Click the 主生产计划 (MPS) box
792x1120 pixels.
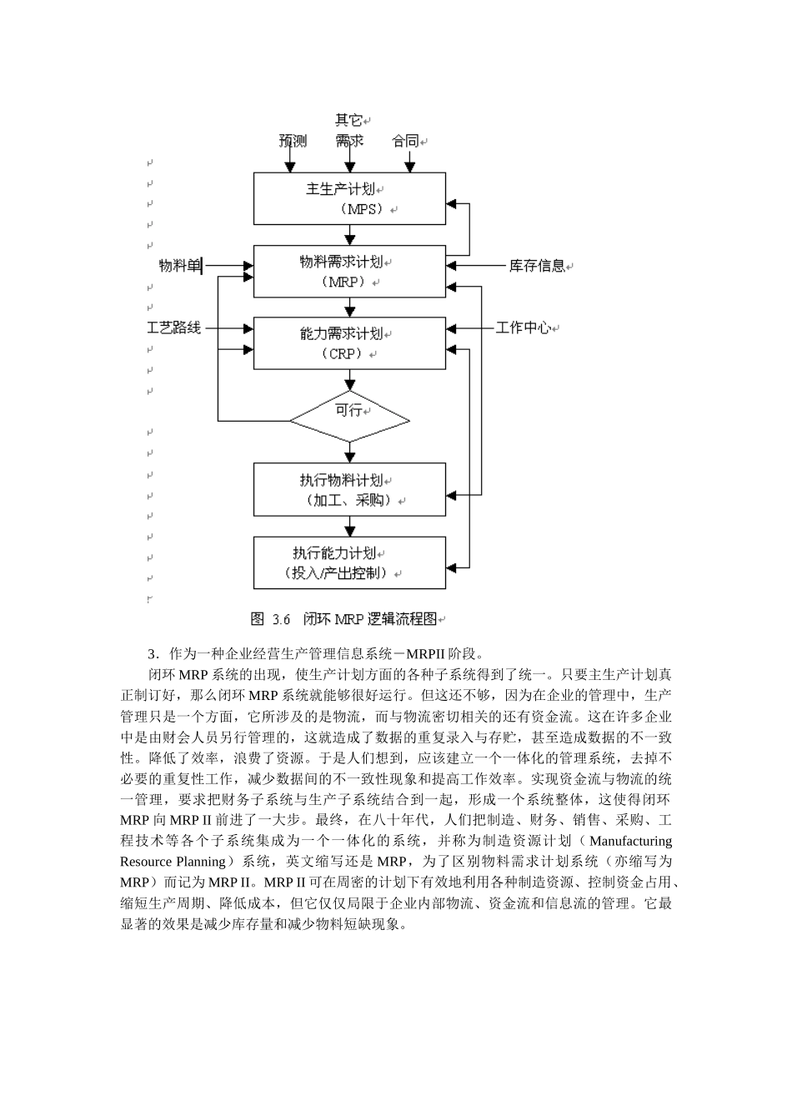point(349,198)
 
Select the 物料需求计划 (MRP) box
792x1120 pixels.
point(349,271)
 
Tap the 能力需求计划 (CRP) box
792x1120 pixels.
point(349,342)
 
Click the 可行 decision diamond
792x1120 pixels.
point(349,416)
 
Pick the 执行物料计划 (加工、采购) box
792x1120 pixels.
point(349,489)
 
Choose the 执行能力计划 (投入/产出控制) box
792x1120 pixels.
point(349,562)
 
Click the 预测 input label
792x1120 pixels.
point(293,141)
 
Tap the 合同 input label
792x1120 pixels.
point(405,141)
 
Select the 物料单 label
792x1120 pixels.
point(179,266)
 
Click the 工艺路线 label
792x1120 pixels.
point(174,328)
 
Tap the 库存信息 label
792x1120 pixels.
point(537,267)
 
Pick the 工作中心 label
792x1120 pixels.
point(523,328)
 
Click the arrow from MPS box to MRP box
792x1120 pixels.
point(349,234)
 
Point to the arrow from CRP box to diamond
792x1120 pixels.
point(349,380)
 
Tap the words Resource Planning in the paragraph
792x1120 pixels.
point(173,861)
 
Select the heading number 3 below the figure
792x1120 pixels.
point(152,653)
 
